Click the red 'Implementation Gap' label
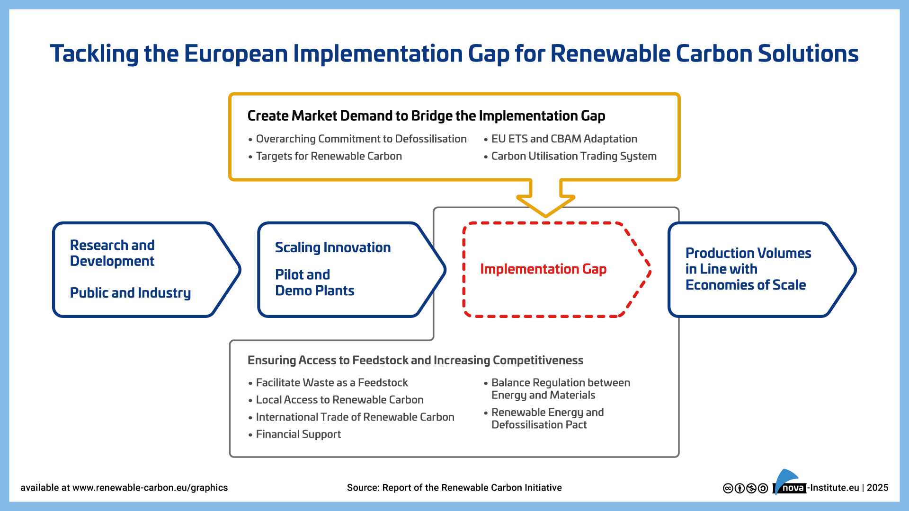pyautogui.click(x=543, y=269)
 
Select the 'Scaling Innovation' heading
pyautogui.click(x=332, y=247)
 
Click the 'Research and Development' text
pyautogui.click(x=112, y=253)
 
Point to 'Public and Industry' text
pyautogui.click(x=130, y=293)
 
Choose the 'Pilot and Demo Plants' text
pyautogui.click(x=314, y=282)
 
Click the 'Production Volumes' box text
pyautogui.click(x=748, y=269)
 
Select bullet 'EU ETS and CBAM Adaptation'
pyautogui.click(x=564, y=139)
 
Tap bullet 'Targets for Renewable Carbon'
pyautogui.click(x=329, y=156)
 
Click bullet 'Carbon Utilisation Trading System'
pyautogui.click(x=573, y=156)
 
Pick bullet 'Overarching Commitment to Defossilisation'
pyautogui.click(x=361, y=139)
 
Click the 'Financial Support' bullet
pyautogui.click(x=298, y=434)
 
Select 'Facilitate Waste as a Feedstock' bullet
pyautogui.click(x=331, y=382)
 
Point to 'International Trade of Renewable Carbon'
pyautogui.click(x=355, y=417)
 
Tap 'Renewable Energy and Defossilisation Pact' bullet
pyautogui.click(x=547, y=418)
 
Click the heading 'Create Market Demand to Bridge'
pyautogui.click(x=426, y=116)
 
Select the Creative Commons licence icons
pyautogui.click(x=745, y=488)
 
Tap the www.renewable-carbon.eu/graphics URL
pyautogui.click(x=150, y=488)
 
